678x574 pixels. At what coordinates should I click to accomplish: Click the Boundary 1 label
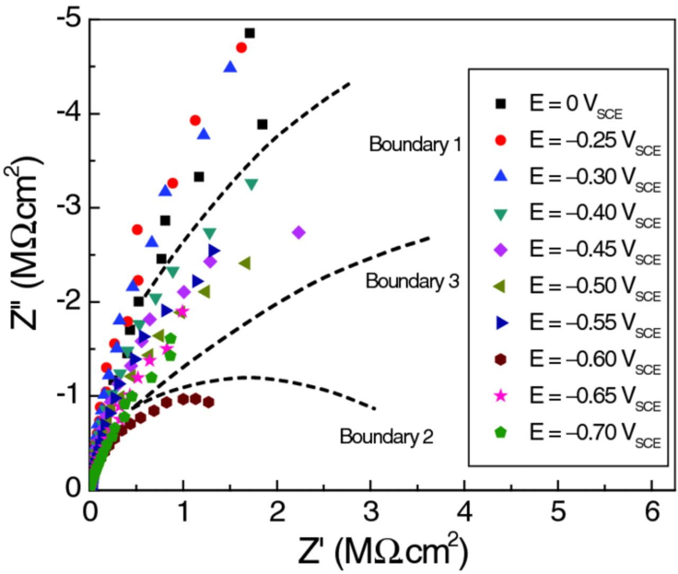tap(415, 144)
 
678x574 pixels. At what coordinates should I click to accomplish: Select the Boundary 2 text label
tap(386, 436)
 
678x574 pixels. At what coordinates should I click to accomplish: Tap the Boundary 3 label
tap(412, 281)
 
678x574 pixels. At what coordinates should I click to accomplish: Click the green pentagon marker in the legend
tap(500, 433)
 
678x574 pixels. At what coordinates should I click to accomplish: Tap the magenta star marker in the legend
tap(500, 396)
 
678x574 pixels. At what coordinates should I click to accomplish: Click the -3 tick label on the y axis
tap(69, 207)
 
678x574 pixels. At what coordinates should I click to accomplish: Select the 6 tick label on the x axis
tap(652, 512)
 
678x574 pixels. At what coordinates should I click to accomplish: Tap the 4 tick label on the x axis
tap(465, 512)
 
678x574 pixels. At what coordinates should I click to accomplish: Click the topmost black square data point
tap(249, 33)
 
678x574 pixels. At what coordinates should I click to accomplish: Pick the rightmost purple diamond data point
tap(299, 232)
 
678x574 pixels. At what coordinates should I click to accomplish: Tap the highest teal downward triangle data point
tap(252, 184)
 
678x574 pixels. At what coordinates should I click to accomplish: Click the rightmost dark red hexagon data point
tap(208, 402)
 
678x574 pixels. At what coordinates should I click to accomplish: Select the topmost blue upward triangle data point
tap(230, 67)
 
